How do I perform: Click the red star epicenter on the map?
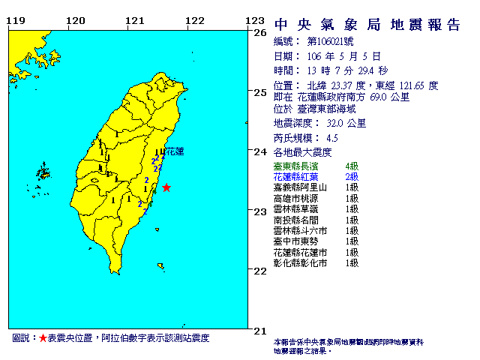[x=166, y=187]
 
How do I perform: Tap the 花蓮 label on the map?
[x=174, y=151]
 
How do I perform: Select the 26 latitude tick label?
[x=261, y=32]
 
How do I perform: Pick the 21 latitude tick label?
[x=261, y=330]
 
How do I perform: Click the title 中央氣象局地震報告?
[x=367, y=25]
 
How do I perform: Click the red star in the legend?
[x=43, y=339]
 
